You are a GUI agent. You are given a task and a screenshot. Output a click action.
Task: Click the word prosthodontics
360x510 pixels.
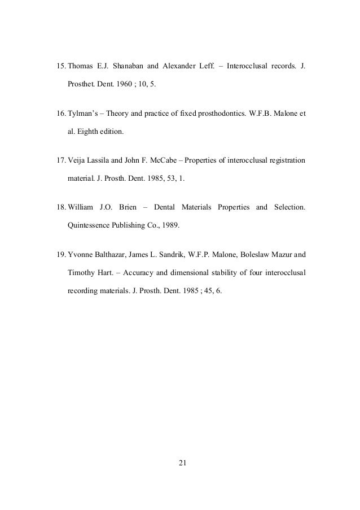[222, 114]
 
